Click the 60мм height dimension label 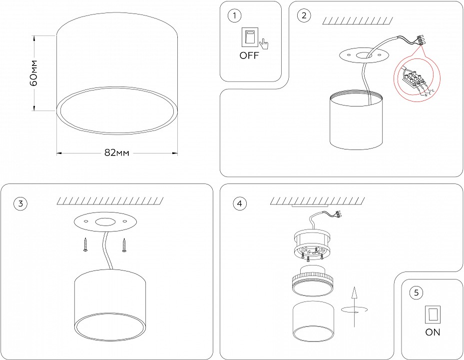33,73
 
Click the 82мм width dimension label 116,153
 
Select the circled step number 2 303,16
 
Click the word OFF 249,55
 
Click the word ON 433,331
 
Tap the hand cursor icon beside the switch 264,44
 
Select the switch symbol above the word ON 432,314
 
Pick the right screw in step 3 123,245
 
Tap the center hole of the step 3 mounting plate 105,222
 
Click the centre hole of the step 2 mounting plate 363,55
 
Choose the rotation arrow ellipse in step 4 354,309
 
